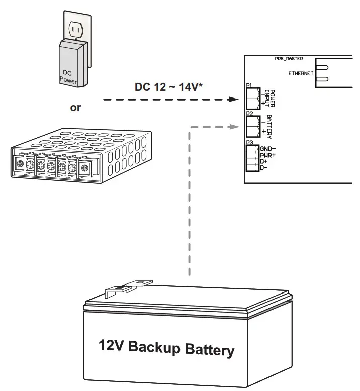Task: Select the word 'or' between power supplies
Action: point(75,108)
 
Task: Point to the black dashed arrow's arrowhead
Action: point(233,100)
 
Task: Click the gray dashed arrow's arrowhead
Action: point(233,127)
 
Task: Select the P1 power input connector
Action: point(252,98)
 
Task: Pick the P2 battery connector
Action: point(252,127)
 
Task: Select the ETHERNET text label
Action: point(301,73)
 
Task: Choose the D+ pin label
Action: point(264,161)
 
